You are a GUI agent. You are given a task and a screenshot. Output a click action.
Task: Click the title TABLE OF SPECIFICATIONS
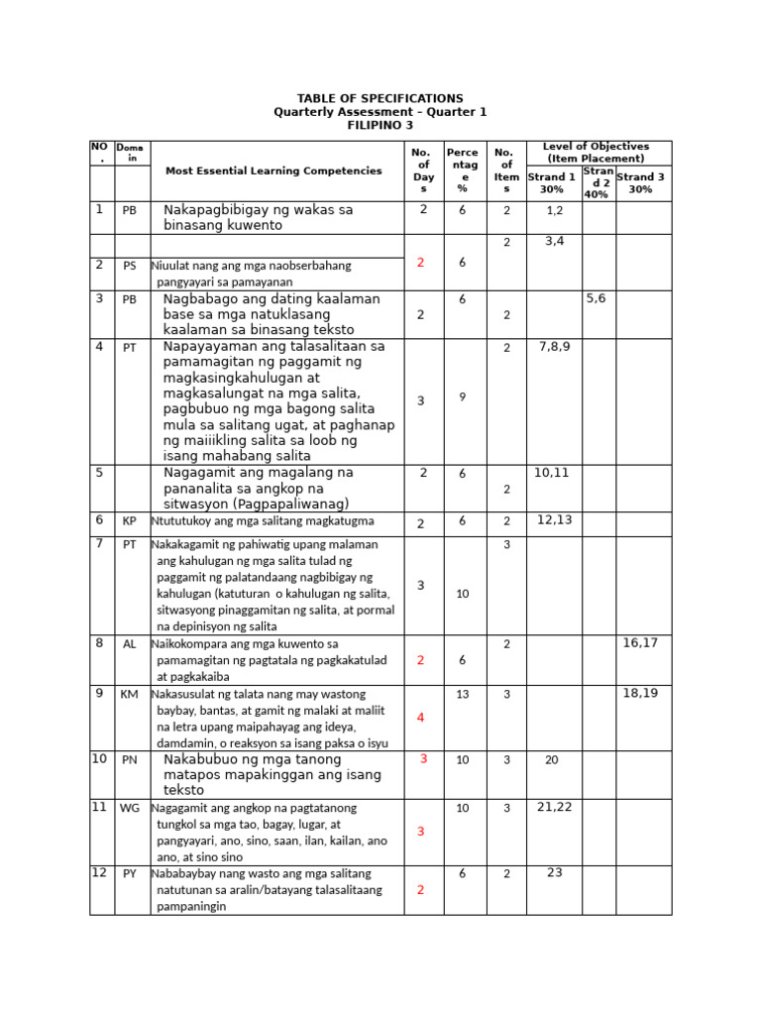(x=380, y=98)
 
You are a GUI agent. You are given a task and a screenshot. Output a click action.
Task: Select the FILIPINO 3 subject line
(x=380, y=126)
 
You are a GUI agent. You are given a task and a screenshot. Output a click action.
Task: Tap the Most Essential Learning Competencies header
(x=273, y=170)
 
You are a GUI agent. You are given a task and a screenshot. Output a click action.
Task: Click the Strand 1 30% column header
(x=552, y=182)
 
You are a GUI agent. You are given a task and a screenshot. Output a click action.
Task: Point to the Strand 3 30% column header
(x=641, y=182)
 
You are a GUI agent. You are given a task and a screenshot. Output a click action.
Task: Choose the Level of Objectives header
(x=596, y=152)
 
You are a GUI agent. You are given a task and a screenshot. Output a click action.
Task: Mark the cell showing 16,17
(x=641, y=643)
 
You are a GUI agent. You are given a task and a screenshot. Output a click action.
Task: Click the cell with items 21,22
(x=555, y=808)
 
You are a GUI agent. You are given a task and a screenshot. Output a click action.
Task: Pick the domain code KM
(x=129, y=694)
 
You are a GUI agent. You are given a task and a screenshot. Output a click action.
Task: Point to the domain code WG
(x=129, y=808)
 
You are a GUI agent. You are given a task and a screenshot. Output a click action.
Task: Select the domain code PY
(x=129, y=874)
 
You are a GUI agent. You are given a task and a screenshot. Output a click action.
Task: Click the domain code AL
(x=129, y=644)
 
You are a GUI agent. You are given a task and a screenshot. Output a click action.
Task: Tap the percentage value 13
(x=462, y=694)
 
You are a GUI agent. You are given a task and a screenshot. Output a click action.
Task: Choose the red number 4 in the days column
(x=421, y=717)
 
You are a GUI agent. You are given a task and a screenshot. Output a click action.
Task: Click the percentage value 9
(x=462, y=396)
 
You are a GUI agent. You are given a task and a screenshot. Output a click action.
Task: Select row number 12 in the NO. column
(x=99, y=873)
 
